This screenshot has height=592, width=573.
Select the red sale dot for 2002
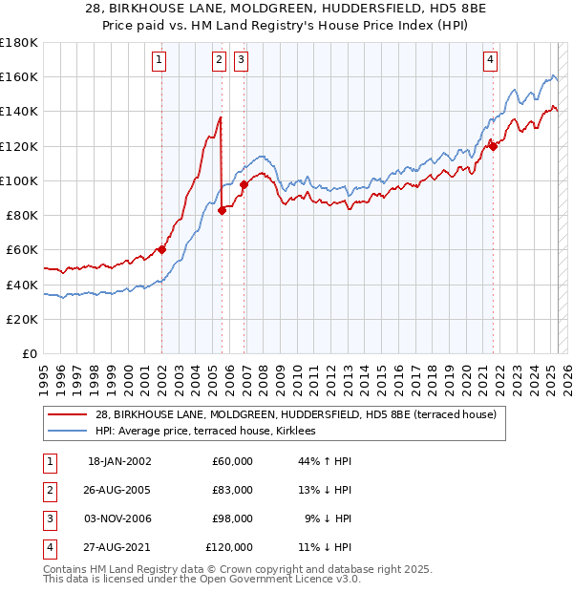tap(161, 249)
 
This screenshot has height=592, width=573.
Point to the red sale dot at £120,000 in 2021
tap(494, 145)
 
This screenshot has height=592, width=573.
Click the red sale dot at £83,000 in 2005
tap(222, 210)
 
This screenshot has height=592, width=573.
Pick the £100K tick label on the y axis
tap(20, 180)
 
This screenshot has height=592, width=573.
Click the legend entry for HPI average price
tap(211, 432)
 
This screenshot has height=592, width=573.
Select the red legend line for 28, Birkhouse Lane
tap(68, 415)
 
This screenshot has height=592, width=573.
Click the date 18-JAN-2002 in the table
tap(119, 462)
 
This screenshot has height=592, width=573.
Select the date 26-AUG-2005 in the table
tap(119, 491)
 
